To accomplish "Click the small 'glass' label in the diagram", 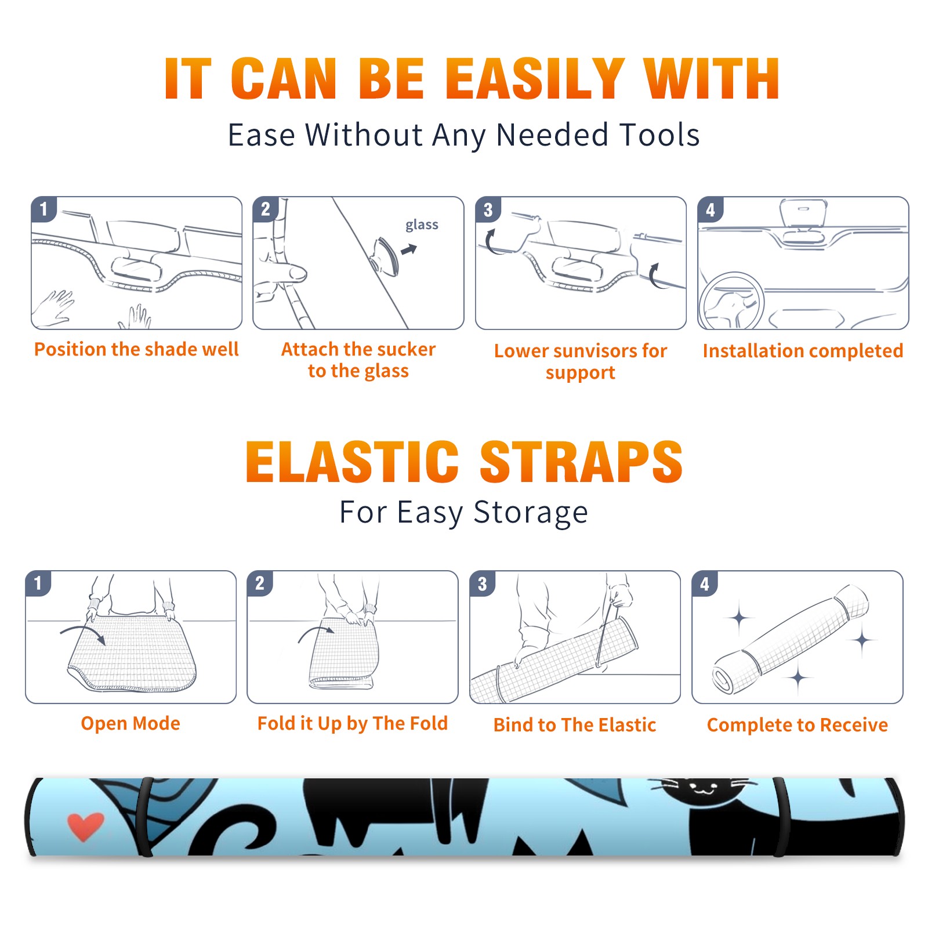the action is [422, 225].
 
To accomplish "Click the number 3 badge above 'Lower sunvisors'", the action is [488, 209].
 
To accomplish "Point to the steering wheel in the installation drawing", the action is [731, 302].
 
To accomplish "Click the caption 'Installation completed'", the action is [803, 351].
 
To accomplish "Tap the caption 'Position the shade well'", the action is [136, 349].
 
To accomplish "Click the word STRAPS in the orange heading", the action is [581, 462].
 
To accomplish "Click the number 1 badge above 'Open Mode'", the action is [38, 583].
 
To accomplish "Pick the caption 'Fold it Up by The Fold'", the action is [353, 724].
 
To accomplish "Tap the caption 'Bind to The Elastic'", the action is [575, 725].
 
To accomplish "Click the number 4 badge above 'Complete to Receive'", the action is [705, 583].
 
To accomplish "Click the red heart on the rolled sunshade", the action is [85, 826].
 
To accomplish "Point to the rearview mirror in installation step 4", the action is [803, 221].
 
